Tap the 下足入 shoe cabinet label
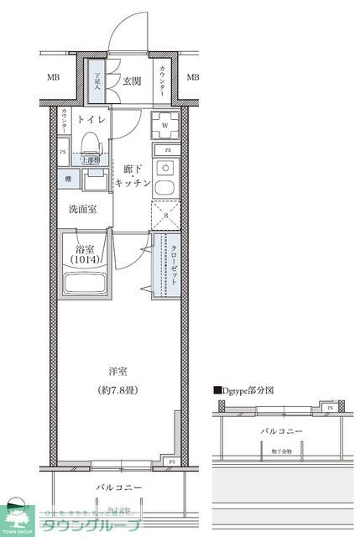pyautogui.click(x=97, y=81)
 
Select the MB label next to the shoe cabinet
pyautogui.click(x=53, y=78)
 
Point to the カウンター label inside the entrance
pyautogui.click(x=162, y=81)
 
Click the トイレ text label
pyautogui.click(x=91, y=120)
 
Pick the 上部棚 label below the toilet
pyautogui.click(x=91, y=159)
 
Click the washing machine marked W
pyautogui.click(x=164, y=127)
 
